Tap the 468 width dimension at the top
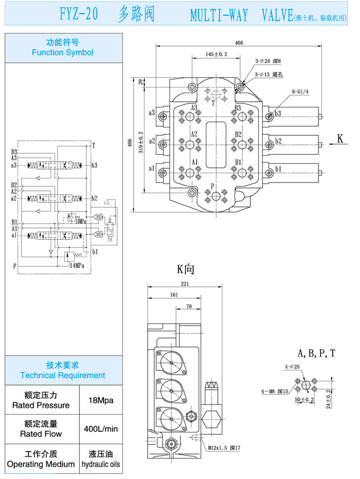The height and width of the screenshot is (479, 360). point(239,43)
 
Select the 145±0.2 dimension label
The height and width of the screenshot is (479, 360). point(217,54)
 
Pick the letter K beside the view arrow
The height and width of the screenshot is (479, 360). point(340,138)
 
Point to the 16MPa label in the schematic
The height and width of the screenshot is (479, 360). point(78,221)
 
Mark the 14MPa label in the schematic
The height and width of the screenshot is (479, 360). point(77,265)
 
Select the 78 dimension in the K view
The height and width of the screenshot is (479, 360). point(189,307)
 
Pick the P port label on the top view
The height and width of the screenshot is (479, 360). point(212,186)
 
